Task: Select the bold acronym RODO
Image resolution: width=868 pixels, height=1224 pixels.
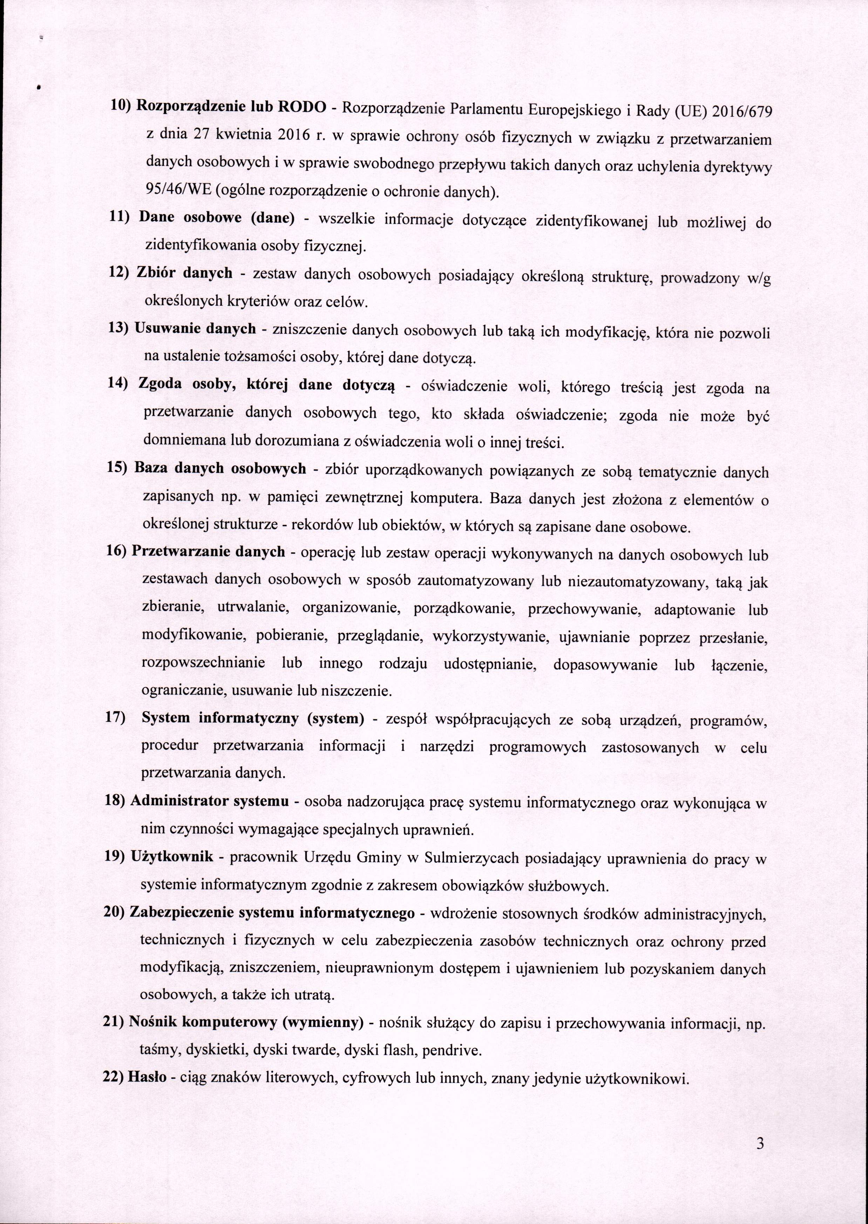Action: (299, 107)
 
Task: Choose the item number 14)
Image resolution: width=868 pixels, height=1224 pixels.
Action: (120, 383)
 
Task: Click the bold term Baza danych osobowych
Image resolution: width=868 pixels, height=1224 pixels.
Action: (220, 468)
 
